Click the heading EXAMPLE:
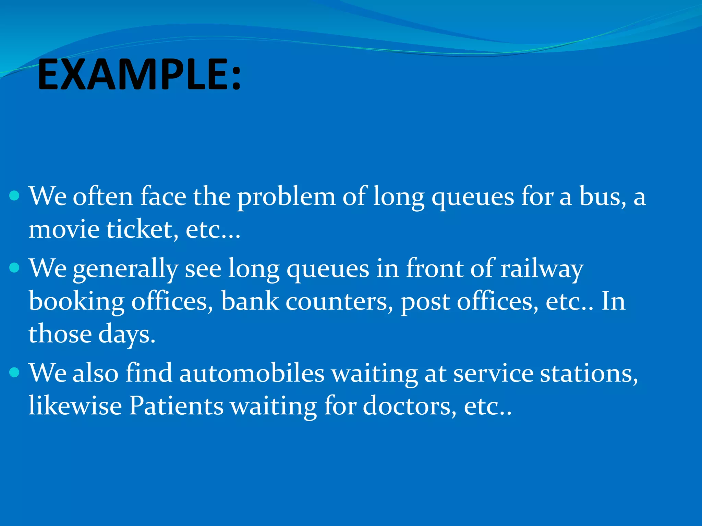(139, 75)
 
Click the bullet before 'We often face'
(14, 196)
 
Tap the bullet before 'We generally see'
(14, 267)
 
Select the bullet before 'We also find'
(14, 372)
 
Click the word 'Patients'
(176, 406)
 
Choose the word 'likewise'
(75, 406)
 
